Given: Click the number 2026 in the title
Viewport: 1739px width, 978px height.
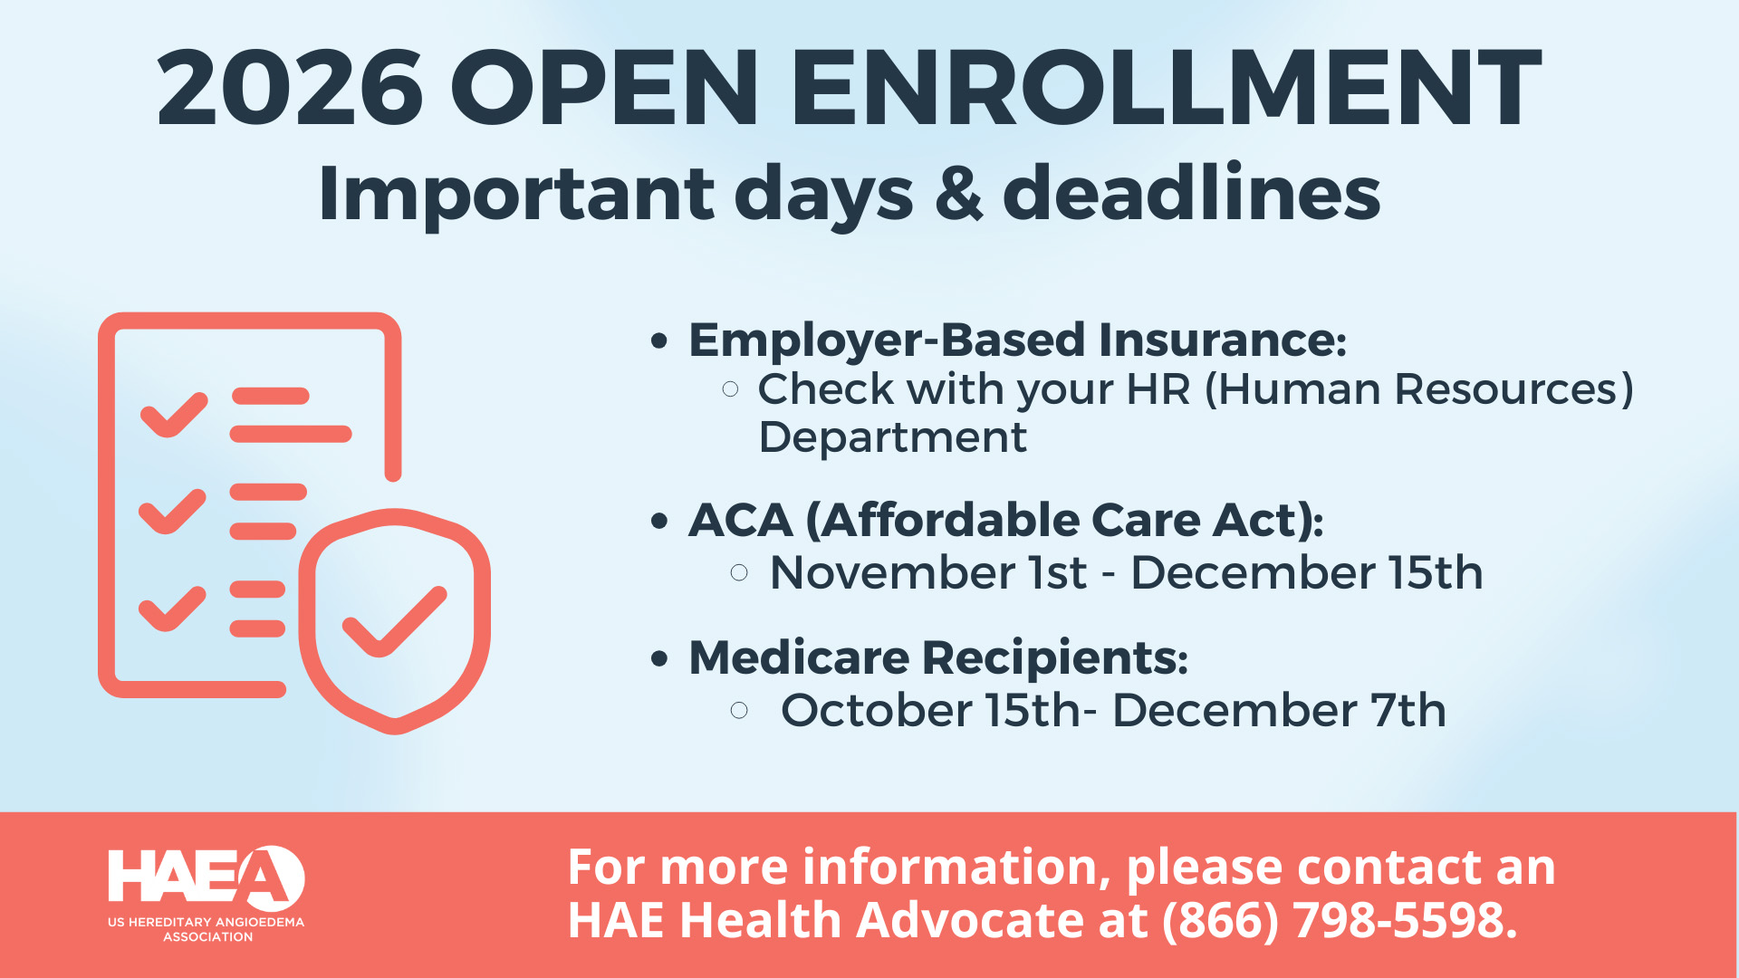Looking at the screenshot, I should (290, 89).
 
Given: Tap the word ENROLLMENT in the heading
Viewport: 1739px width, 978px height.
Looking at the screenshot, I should (1166, 89).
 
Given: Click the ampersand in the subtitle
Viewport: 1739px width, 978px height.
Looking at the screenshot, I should (958, 194).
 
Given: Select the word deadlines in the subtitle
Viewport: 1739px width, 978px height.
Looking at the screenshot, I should (1191, 194).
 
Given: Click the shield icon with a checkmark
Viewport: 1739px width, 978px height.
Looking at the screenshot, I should (395, 621).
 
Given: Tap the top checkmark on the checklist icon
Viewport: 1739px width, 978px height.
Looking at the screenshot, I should (174, 415).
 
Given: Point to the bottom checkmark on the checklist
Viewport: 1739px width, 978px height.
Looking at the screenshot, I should (172, 608).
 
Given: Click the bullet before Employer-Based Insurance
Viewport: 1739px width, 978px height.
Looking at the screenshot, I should (659, 341).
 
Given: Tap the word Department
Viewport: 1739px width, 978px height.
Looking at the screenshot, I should (892, 438).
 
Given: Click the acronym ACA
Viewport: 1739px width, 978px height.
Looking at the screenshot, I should (740, 521).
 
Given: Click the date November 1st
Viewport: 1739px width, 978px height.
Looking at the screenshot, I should (927, 573).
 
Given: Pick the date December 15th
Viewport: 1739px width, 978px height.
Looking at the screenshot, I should (1306, 573).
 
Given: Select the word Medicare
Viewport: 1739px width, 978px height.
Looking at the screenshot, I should (798, 657).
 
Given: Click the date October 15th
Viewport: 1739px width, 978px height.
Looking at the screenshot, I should (930, 711).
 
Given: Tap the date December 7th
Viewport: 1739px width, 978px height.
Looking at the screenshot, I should (1279, 711).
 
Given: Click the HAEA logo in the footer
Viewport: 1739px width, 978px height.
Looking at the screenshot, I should (207, 893).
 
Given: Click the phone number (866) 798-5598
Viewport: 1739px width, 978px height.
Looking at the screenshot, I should (1340, 920).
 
